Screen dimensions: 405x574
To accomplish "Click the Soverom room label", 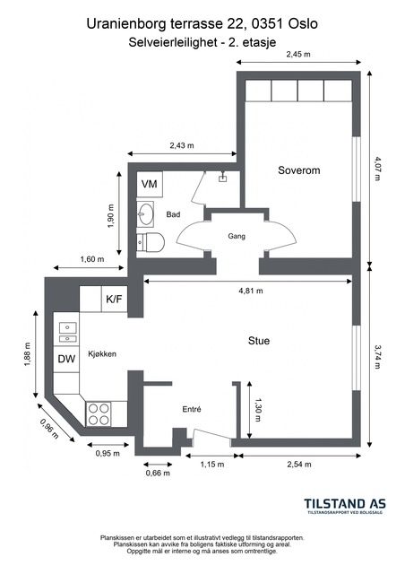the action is click(299, 170).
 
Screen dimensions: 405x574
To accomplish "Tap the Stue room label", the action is click(259, 341).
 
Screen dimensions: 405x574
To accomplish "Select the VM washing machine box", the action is click(150, 184).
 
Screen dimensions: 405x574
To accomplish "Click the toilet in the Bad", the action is click(151, 241).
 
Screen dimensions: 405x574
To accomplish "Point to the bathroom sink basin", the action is click(145, 213).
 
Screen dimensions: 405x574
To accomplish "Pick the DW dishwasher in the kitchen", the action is click(66, 359).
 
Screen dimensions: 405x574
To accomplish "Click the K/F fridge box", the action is click(114, 299).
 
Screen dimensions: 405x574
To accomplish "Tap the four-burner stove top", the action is click(99, 413).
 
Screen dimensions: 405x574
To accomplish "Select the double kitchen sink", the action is click(68, 333).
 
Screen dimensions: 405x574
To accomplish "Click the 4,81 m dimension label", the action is click(251, 291).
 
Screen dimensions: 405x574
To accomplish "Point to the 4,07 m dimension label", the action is click(377, 169).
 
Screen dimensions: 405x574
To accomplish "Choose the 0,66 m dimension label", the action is click(158, 473).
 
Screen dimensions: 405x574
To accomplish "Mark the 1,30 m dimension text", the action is click(258, 410).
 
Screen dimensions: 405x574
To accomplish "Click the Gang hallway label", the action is click(237, 236).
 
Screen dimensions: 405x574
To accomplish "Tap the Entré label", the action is click(192, 409).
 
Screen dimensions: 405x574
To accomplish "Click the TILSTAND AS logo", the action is click(345, 506).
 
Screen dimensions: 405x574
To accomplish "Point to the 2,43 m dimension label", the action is click(182, 145).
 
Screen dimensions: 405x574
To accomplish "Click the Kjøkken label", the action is click(102, 354).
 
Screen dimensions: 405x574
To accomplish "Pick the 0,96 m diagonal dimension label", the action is click(49, 429).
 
